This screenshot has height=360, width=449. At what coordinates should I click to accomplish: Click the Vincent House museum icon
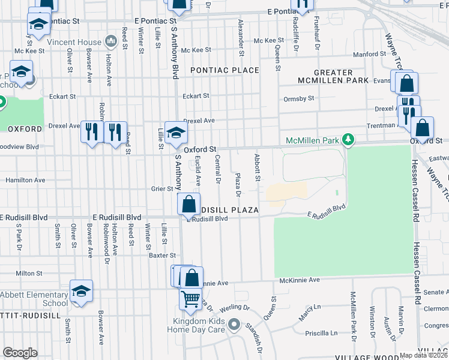110,41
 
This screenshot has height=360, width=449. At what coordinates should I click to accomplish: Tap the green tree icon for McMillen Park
347,140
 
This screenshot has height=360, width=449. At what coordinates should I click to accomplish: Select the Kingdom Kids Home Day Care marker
234,327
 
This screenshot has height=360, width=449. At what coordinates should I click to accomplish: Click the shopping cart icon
191,298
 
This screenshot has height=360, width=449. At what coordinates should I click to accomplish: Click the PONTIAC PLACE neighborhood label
224,70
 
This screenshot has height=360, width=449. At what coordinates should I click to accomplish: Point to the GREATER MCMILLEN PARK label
333,76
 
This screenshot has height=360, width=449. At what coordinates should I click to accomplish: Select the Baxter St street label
161,255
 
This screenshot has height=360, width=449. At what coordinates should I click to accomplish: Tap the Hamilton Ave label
25,180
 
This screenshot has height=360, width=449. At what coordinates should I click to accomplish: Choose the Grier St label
161,188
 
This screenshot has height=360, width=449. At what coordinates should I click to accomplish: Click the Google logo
20,353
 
